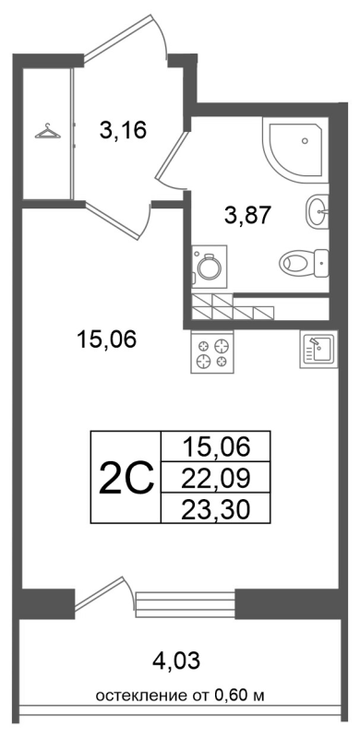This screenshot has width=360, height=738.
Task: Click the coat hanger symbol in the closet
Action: coord(48,131)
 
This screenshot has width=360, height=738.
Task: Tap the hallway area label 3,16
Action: coord(124,129)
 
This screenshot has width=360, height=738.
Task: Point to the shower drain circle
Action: coord(305,140)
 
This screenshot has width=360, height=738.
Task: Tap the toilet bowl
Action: coord(303,262)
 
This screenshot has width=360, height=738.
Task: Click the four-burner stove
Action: coord(212,351)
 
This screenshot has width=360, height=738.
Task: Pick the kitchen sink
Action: coord(318,349)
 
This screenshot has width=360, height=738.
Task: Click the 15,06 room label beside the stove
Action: coord(106,339)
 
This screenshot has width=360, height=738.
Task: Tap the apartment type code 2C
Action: coord(126,478)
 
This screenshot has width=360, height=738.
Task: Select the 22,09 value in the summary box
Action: coord(216,478)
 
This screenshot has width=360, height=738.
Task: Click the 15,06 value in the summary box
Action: coord(216,447)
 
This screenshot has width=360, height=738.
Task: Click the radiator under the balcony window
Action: coord(186,604)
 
